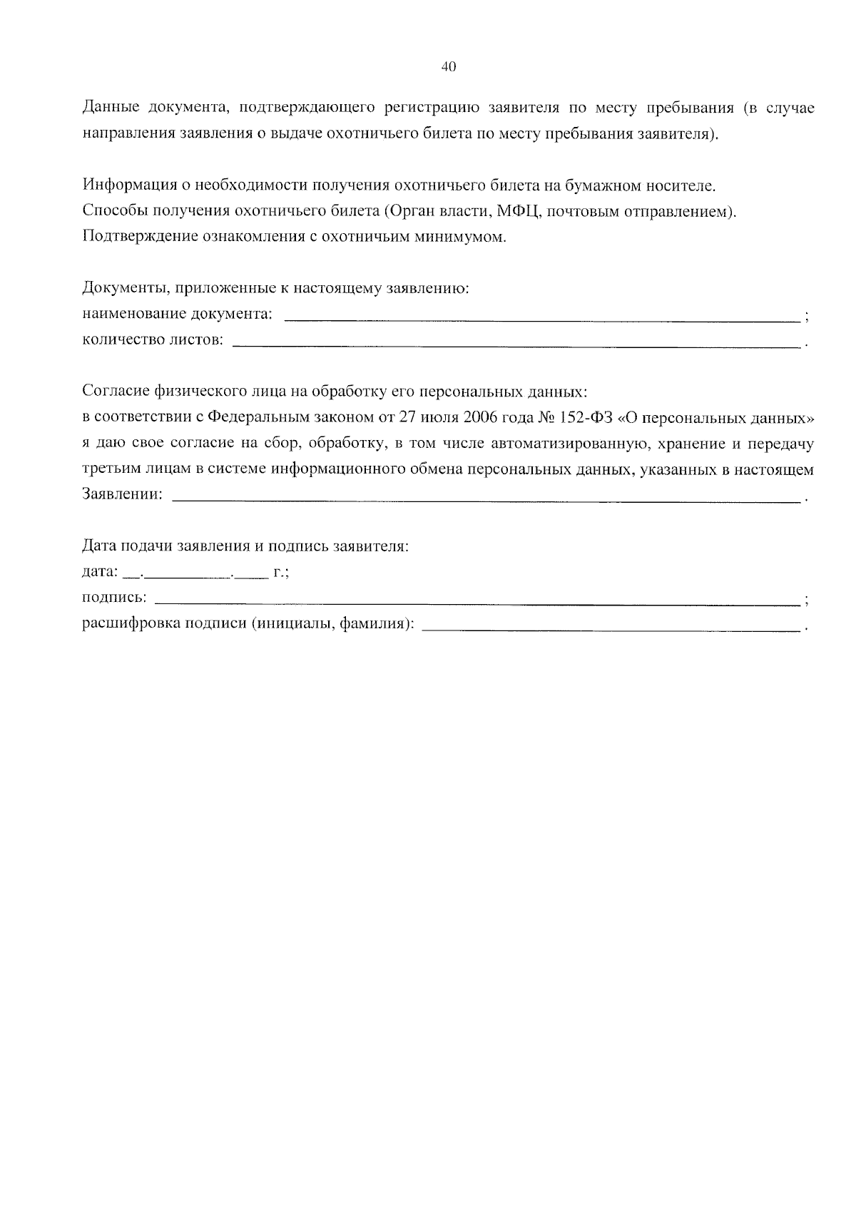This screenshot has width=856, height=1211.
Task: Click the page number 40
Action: [x=449, y=67]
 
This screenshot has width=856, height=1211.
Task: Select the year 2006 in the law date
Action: [x=481, y=417]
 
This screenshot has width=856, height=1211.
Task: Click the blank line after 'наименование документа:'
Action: [x=542, y=318]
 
